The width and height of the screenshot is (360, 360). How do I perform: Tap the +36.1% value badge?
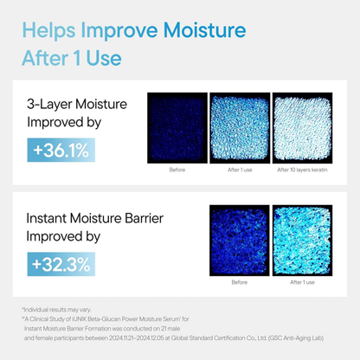(x=61, y=151)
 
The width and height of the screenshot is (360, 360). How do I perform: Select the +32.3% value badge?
(x=61, y=260)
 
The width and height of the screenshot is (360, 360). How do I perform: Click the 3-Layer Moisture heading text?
(x=76, y=105)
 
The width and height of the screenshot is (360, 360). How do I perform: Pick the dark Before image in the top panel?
(x=177, y=127)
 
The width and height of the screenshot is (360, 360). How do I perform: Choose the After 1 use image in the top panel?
(x=239, y=127)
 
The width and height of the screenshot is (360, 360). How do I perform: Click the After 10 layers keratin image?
(x=301, y=127)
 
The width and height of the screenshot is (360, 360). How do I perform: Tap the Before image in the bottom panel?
(x=239, y=240)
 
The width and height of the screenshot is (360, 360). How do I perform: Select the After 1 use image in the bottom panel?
(x=302, y=240)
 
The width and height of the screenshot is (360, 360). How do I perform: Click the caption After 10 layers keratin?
(x=301, y=170)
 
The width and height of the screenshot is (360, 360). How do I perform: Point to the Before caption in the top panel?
(x=177, y=170)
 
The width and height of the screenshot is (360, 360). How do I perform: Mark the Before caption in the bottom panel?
(x=239, y=282)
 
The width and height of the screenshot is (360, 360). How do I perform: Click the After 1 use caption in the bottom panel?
(x=302, y=282)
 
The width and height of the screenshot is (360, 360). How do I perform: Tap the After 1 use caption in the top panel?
(x=239, y=170)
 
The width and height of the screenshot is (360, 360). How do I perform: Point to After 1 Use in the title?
(x=71, y=58)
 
